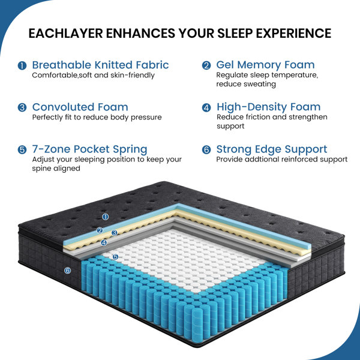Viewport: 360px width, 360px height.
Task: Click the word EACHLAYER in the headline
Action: (x=65, y=33)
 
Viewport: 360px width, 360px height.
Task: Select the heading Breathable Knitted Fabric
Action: (x=101, y=65)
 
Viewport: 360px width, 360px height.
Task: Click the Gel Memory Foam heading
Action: (x=265, y=65)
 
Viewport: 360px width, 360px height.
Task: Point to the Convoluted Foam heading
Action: (x=80, y=107)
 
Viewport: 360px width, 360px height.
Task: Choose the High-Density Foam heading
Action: (x=269, y=107)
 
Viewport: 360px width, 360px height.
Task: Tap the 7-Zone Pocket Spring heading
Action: (x=89, y=149)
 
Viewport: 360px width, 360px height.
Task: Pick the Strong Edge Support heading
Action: (x=272, y=149)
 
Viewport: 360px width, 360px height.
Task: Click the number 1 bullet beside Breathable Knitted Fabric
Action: (x=22, y=65)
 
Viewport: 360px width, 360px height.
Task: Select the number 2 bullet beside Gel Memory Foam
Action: (x=206, y=65)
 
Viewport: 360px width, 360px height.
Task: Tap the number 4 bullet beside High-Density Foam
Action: (x=206, y=107)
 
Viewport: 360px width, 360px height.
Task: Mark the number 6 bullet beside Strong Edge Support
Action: (x=206, y=149)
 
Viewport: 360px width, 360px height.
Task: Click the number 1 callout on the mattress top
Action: (x=105, y=217)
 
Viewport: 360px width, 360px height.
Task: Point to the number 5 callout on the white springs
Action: (x=115, y=257)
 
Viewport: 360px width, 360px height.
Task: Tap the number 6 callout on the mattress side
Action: (x=67, y=271)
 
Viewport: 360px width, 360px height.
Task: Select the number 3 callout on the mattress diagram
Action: (x=115, y=233)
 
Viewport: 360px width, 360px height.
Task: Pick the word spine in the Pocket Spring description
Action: (x=40, y=169)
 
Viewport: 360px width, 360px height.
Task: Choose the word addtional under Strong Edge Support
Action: (x=262, y=160)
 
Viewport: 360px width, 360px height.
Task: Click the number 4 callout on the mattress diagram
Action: (x=104, y=242)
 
